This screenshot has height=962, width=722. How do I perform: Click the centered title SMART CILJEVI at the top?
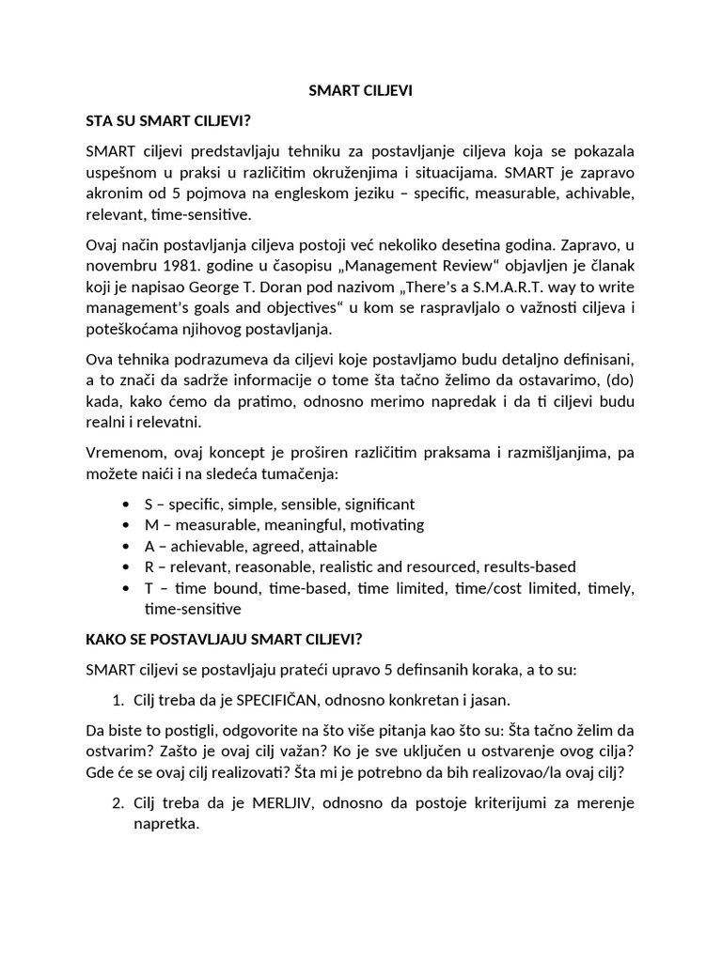(x=361, y=91)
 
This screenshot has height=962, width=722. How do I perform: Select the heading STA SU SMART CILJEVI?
(x=176, y=121)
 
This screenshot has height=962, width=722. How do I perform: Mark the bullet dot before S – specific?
(x=126, y=504)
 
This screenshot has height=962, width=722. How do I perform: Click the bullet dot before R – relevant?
(x=126, y=567)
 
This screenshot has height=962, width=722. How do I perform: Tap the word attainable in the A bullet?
(x=337, y=546)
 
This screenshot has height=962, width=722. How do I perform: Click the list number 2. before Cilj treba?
(x=118, y=802)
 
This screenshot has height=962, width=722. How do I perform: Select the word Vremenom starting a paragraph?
(x=121, y=453)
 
